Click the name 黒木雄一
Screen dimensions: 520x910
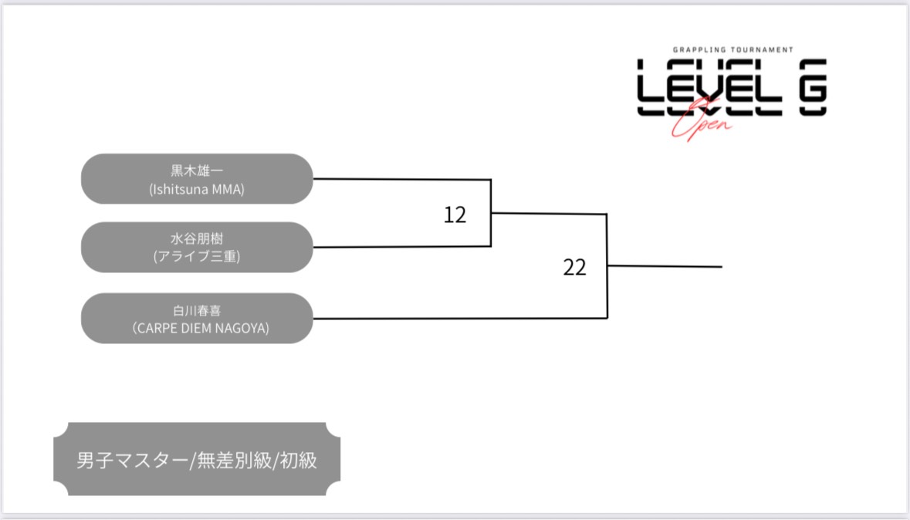(197, 171)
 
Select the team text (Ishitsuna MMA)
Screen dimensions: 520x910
(197, 188)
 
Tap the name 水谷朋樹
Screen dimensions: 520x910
(197, 239)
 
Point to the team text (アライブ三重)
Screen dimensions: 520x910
(197, 257)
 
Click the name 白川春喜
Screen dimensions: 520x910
(197, 311)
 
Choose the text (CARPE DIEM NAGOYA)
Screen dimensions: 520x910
(197, 328)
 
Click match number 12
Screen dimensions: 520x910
(455, 215)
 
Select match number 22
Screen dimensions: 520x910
(575, 268)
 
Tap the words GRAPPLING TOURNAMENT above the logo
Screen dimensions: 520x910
(731, 49)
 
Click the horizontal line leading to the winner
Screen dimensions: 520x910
(665, 267)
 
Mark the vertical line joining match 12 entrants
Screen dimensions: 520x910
(491, 213)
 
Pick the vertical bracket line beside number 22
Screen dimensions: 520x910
(607, 266)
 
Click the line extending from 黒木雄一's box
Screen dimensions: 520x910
(401, 179)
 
